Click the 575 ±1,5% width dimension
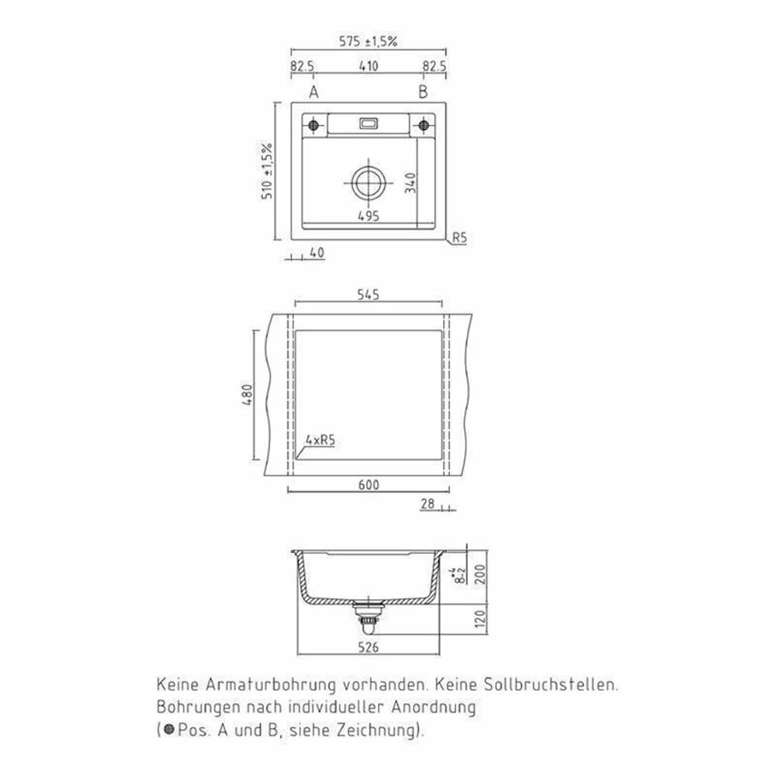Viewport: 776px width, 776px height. click(x=368, y=42)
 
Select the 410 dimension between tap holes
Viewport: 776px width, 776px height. click(x=368, y=66)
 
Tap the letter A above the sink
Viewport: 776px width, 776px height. click(x=314, y=92)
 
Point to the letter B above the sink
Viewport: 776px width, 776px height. click(x=423, y=92)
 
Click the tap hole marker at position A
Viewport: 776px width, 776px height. click(x=314, y=125)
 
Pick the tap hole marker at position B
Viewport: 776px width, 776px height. click(x=424, y=125)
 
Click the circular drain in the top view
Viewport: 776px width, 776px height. click(x=368, y=182)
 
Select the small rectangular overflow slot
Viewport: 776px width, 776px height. click(x=369, y=123)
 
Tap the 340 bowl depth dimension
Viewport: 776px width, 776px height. click(x=411, y=182)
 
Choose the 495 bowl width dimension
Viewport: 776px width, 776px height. click(x=368, y=216)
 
